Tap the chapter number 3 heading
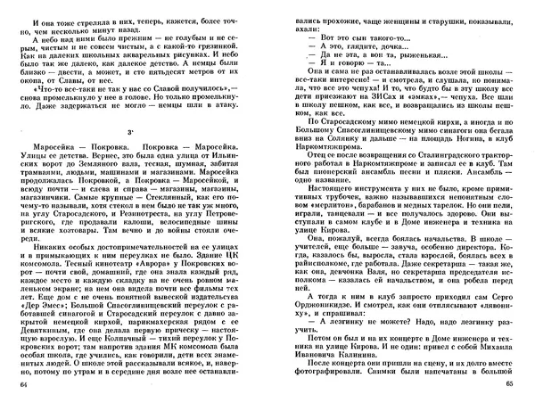click(131, 132)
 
